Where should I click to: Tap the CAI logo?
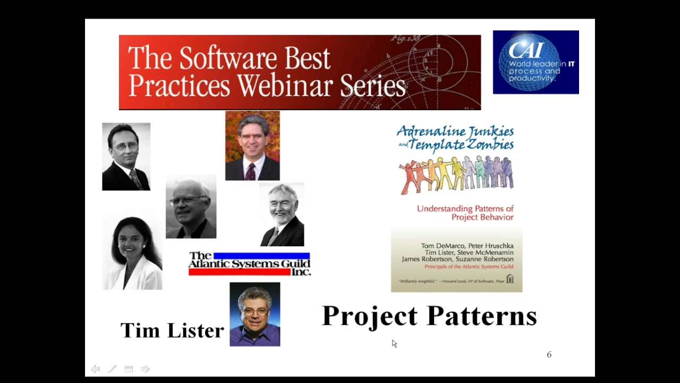[x=535, y=62]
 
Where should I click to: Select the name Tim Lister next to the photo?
[x=172, y=330]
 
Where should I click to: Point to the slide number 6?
[x=549, y=354]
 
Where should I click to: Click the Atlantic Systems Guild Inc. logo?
[x=249, y=264]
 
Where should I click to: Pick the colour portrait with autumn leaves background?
[x=252, y=146]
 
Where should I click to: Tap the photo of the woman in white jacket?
[x=132, y=253]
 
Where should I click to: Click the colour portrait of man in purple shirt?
[x=254, y=314]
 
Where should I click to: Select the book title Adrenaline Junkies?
[x=455, y=131]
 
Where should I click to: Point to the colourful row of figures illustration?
[x=456, y=174]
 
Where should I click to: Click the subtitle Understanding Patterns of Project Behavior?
[x=465, y=213]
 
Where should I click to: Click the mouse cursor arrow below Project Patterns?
[x=394, y=344]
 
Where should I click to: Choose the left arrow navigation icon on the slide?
[x=95, y=369]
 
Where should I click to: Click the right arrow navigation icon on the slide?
[x=144, y=369]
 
